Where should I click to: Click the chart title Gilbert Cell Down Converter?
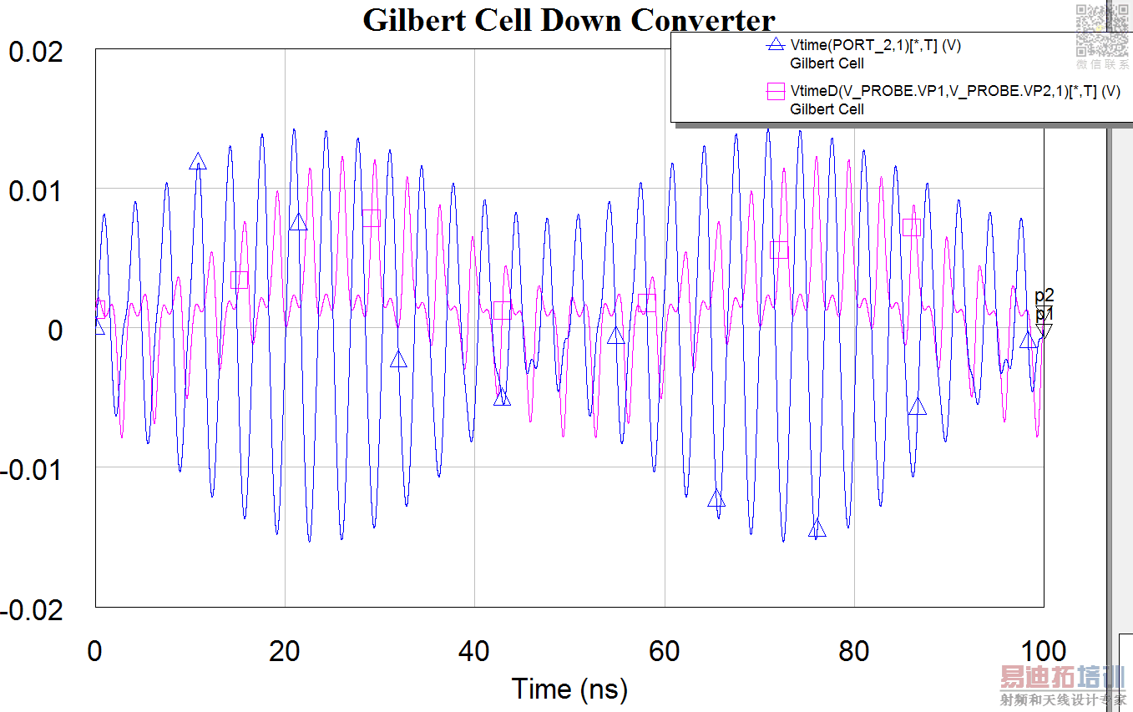tap(569, 19)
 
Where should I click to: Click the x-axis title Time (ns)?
tap(569, 689)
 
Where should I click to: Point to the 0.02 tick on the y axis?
tap(36, 52)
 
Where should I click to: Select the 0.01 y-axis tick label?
tap(36, 191)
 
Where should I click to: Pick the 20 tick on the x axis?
tap(285, 652)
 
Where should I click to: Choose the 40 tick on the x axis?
tap(474, 652)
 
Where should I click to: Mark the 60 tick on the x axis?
tap(665, 652)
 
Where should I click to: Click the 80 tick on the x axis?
tap(854, 652)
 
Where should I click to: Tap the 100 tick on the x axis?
tap(1044, 652)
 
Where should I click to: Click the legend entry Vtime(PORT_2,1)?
tap(875, 46)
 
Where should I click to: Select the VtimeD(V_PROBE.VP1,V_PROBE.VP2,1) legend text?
tap(954, 92)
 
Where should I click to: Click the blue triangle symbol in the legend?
tap(776, 46)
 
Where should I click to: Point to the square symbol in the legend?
tap(776, 92)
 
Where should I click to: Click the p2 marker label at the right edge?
tap(1044, 295)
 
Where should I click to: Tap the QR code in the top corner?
tap(1101, 30)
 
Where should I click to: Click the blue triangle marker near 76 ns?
tap(817, 528)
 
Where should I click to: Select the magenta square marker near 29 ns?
tap(371, 218)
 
